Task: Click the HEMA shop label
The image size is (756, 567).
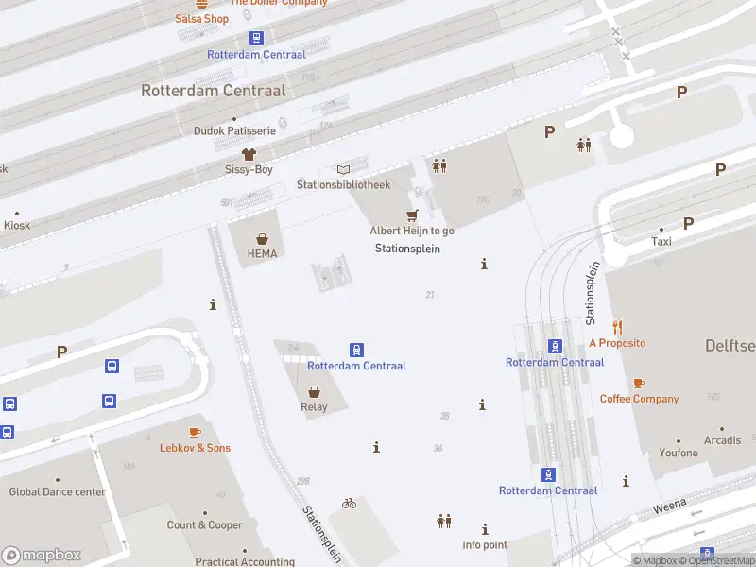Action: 262,254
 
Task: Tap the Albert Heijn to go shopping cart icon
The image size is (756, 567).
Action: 412,215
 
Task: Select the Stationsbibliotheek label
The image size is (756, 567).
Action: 343,184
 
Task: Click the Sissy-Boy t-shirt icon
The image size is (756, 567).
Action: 249,153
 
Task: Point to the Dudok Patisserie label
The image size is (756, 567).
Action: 234,130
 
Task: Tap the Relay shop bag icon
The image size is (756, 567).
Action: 314,391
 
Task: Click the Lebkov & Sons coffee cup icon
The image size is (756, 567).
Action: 195,432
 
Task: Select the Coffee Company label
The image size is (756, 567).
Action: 639,399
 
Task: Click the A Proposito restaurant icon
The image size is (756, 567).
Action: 617,327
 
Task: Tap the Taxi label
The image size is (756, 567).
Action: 661,241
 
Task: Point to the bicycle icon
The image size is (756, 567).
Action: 350,504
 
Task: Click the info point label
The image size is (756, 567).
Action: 485,545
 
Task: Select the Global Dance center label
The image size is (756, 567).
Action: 58,491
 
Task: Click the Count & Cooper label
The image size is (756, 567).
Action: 205,525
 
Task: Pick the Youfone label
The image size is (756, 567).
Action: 679,453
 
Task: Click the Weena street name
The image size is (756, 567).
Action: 670,507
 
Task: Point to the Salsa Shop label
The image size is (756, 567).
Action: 202,18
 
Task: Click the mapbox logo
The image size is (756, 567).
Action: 42,556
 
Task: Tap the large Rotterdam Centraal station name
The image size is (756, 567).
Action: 214,91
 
